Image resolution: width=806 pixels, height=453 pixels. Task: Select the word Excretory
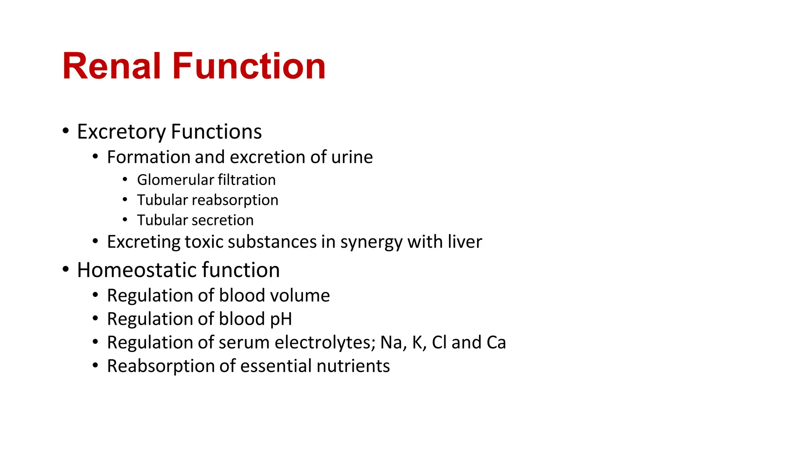click(121, 132)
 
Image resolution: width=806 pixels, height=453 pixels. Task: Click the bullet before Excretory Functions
click(66, 130)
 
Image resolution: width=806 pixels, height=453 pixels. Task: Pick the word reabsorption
click(235, 201)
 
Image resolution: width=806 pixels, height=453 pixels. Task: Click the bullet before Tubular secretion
click(125, 219)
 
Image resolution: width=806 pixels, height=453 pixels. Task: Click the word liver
click(467, 242)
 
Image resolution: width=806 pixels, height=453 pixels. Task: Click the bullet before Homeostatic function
click(66, 269)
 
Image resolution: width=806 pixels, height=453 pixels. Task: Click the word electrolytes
click(325, 343)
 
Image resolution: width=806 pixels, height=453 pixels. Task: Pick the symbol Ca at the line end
click(496, 343)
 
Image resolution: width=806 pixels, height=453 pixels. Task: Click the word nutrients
click(353, 366)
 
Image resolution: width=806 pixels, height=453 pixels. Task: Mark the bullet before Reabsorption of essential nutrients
click(95, 365)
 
